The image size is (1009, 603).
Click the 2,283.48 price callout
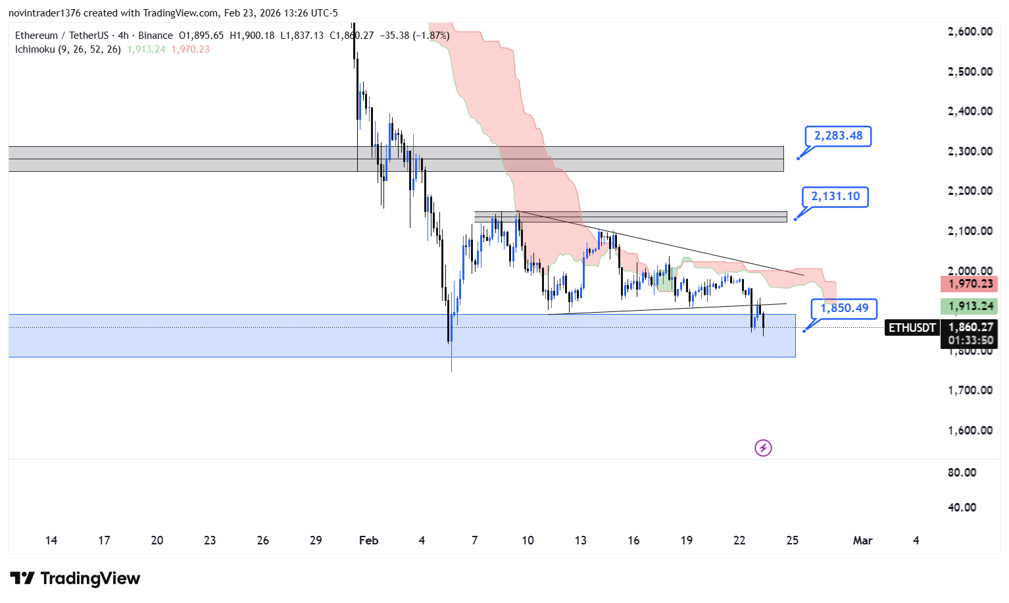tap(838, 136)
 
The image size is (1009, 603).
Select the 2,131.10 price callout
tap(835, 197)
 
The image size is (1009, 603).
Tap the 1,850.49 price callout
tap(844, 308)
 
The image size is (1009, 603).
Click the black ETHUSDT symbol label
tap(912, 327)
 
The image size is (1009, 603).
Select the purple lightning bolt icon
tap(763, 448)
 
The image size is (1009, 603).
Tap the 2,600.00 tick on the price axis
tap(970, 32)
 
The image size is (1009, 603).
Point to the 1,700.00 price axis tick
tap(970, 390)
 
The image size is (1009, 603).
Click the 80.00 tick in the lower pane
tap(962, 473)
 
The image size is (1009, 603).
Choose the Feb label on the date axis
tap(368, 540)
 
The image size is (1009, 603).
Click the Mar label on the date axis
tap(862, 540)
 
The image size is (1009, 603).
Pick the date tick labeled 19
tap(686, 540)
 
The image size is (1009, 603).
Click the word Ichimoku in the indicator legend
tap(35, 49)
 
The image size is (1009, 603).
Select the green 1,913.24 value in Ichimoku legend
tap(146, 49)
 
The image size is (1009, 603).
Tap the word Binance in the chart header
tap(155, 36)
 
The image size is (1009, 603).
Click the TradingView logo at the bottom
tap(76, 579)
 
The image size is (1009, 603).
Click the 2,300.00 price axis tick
tap(970, 151)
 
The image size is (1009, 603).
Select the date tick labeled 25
tap(792, 540)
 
